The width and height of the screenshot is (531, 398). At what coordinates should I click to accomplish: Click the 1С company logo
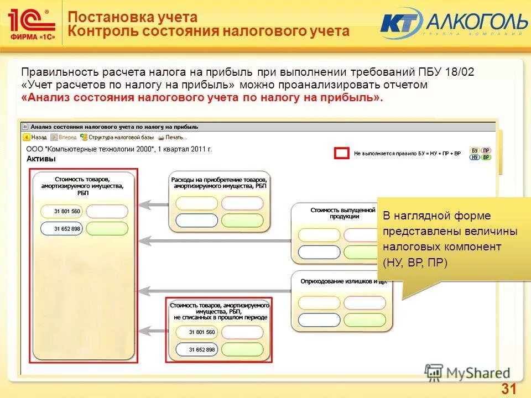[x=31, y=24]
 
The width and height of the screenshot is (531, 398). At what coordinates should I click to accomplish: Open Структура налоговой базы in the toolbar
[x=116, y=137]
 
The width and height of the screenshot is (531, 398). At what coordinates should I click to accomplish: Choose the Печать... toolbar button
[x=172, y=137]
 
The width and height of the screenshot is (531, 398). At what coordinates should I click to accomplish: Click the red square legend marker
[x=342, y=153]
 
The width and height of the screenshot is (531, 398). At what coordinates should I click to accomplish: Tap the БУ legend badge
[x=475, y=150]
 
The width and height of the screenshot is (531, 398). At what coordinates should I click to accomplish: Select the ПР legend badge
[x=486, y=150]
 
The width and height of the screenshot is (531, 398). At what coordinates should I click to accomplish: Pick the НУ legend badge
[x=475, y=158]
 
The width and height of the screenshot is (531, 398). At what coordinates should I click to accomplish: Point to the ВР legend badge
[x=486, y=158]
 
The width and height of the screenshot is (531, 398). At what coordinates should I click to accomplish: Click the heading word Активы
[x=41, y=159]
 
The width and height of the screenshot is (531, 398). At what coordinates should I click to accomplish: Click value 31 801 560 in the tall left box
[x=67, y=211]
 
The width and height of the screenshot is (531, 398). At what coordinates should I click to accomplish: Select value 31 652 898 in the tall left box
[x=67, y=228]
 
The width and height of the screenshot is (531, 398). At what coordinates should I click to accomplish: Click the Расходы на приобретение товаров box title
[x=219, y=183]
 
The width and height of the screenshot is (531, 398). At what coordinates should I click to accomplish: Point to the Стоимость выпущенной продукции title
[x=335, y=213]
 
